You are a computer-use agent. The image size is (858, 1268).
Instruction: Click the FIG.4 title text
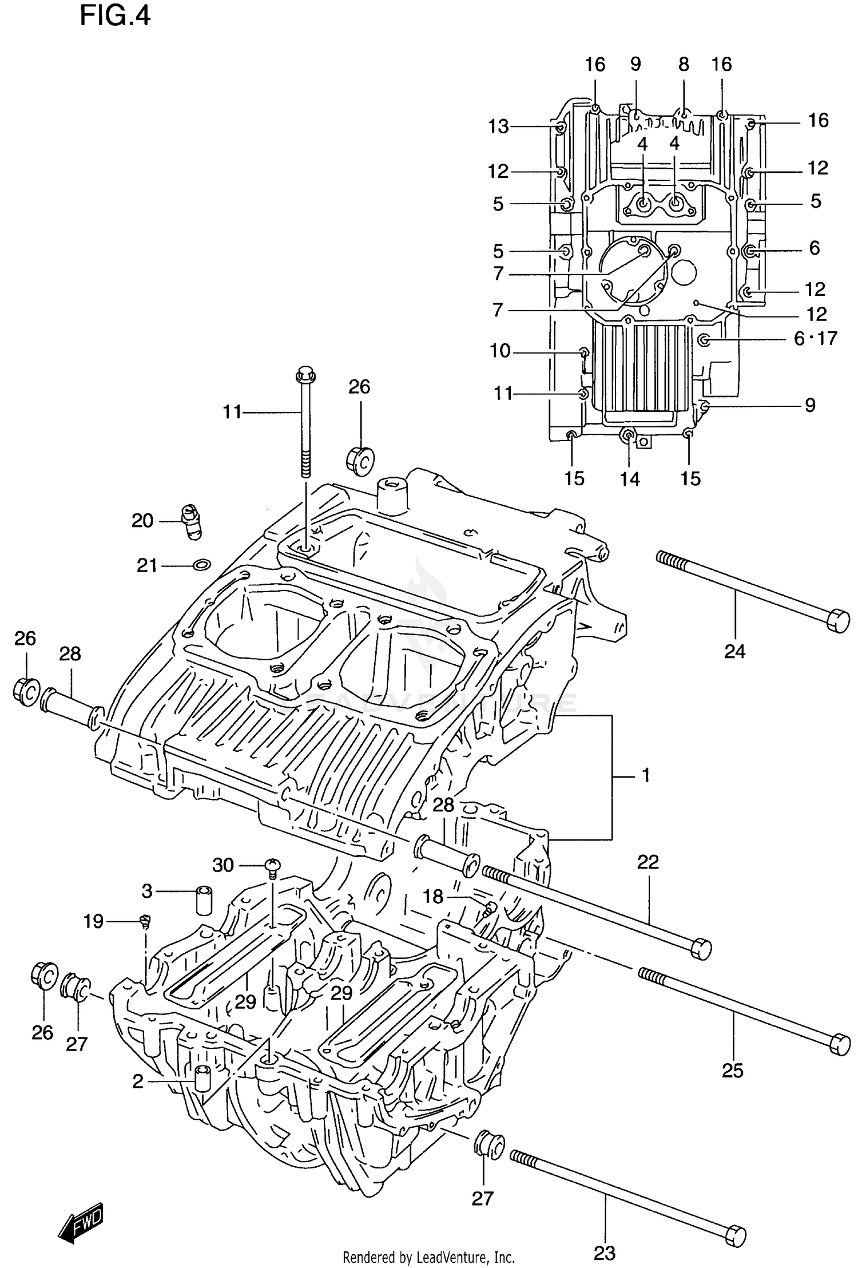click(x=114, y=15)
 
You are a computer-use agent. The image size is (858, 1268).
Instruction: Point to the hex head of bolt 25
click(x=839, y=1043)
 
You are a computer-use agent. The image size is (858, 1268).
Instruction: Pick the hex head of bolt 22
click(x=701, y=949)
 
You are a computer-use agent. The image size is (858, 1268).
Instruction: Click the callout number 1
click(x=646, y=776)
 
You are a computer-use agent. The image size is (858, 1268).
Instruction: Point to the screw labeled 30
click(x=273, y=866)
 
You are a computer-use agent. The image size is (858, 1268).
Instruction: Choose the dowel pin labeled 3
click(x=204, y=901)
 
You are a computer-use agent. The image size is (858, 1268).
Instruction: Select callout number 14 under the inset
click(x=629, y=479)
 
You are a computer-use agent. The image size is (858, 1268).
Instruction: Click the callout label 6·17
click(x=815, y=339)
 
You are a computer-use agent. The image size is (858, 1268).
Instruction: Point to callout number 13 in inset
click(x=498, y=126)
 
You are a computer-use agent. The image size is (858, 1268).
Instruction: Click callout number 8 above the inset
click(x=684, y=65)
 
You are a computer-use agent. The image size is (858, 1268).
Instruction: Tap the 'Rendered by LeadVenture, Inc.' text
click(x=428, y=1258)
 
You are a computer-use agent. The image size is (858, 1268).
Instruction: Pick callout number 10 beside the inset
click(x=500, y=351)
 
